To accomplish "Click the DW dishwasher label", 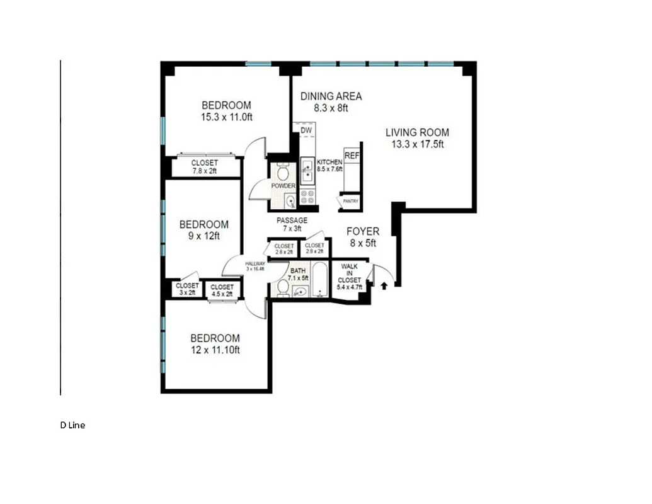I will click(x=306, y=130).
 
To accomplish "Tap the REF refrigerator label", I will click(x=351, y=155).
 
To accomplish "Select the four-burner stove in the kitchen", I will click(x=308, y=197).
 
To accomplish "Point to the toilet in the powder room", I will click(x=283, y=171).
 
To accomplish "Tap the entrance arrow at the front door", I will click(x=383, y=286).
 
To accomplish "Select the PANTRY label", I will click(x=351, y=202).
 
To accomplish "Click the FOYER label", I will click(x=362, y=232).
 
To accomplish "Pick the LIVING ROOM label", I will click(x=417, y=132).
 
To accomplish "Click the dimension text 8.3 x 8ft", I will click(x=331, y=108).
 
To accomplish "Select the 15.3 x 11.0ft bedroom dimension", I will click(x=226, y=117).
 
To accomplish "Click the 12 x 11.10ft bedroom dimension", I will click(x=215, y=350).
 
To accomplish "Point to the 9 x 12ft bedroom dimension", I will click(x=203, y=236).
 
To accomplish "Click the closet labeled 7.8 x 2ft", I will click(x=204, y=167).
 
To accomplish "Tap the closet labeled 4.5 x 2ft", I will click(x=222, y=290).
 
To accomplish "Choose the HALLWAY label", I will click(x=255, y=265).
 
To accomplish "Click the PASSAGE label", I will click(x=292, y=220).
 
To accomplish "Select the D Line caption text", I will click(x=72, y=425).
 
